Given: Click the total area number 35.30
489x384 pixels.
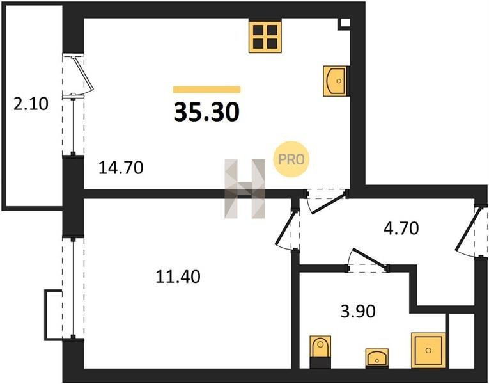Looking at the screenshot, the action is (206, 112).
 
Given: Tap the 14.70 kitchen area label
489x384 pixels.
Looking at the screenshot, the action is (121, 168).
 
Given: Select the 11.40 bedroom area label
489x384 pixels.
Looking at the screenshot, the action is (178, 276).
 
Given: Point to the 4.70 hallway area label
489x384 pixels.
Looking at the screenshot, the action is (401, 228).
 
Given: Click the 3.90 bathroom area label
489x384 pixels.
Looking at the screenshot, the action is (358, 311).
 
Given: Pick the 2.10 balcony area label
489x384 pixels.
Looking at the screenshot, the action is (31, 104).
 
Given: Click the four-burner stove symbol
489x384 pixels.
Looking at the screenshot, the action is (265, 36).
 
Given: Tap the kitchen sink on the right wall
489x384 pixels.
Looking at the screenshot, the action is (335, 81).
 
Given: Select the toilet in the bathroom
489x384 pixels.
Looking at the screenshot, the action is (320, 352).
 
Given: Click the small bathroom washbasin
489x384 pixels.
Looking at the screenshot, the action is (376, 358).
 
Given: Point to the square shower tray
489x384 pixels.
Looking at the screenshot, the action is (428, 350).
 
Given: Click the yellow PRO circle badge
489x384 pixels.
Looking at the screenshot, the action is (291, 159).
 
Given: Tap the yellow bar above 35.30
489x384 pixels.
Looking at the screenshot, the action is (206, 90).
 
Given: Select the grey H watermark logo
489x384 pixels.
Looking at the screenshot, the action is (245, 189).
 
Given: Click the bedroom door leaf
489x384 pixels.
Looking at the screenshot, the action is (284, 228).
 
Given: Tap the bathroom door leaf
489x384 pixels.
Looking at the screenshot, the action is (370, 258).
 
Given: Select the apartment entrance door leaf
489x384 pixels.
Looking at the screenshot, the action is (467, 230).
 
